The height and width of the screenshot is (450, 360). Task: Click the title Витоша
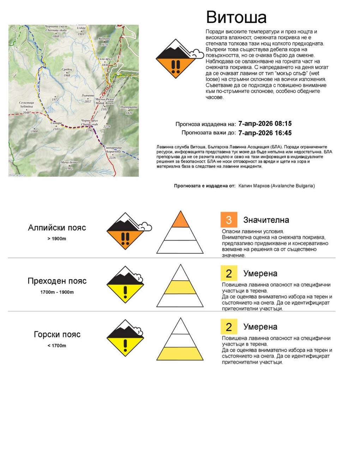pos(236,17)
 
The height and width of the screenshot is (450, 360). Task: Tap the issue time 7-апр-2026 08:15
pos(265,124)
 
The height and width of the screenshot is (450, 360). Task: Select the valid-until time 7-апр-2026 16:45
pos(265,133)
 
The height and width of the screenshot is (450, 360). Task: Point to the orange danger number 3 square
pos(229,220)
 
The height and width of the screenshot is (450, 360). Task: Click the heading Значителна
pos(266,220)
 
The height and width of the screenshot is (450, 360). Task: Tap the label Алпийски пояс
pos(57,228)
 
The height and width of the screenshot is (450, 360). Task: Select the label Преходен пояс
pos(57,281)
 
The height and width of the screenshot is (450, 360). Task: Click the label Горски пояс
pos(57,335)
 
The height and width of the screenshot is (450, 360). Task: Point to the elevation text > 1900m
pos(57,239)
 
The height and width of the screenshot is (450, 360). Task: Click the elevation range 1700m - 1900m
pos(57,292)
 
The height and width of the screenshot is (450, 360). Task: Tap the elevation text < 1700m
pos(57,346)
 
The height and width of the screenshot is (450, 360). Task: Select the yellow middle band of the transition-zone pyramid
pos(180,287)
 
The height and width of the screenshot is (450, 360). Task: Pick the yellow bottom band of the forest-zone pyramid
pos(180,353)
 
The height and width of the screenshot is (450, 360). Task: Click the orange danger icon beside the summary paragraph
pos(176,59)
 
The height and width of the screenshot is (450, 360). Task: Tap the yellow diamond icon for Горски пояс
pos(125,339)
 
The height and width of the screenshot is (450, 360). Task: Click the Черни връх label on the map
pos(89,122)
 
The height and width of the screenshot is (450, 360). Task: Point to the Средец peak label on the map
pos(67,70)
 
